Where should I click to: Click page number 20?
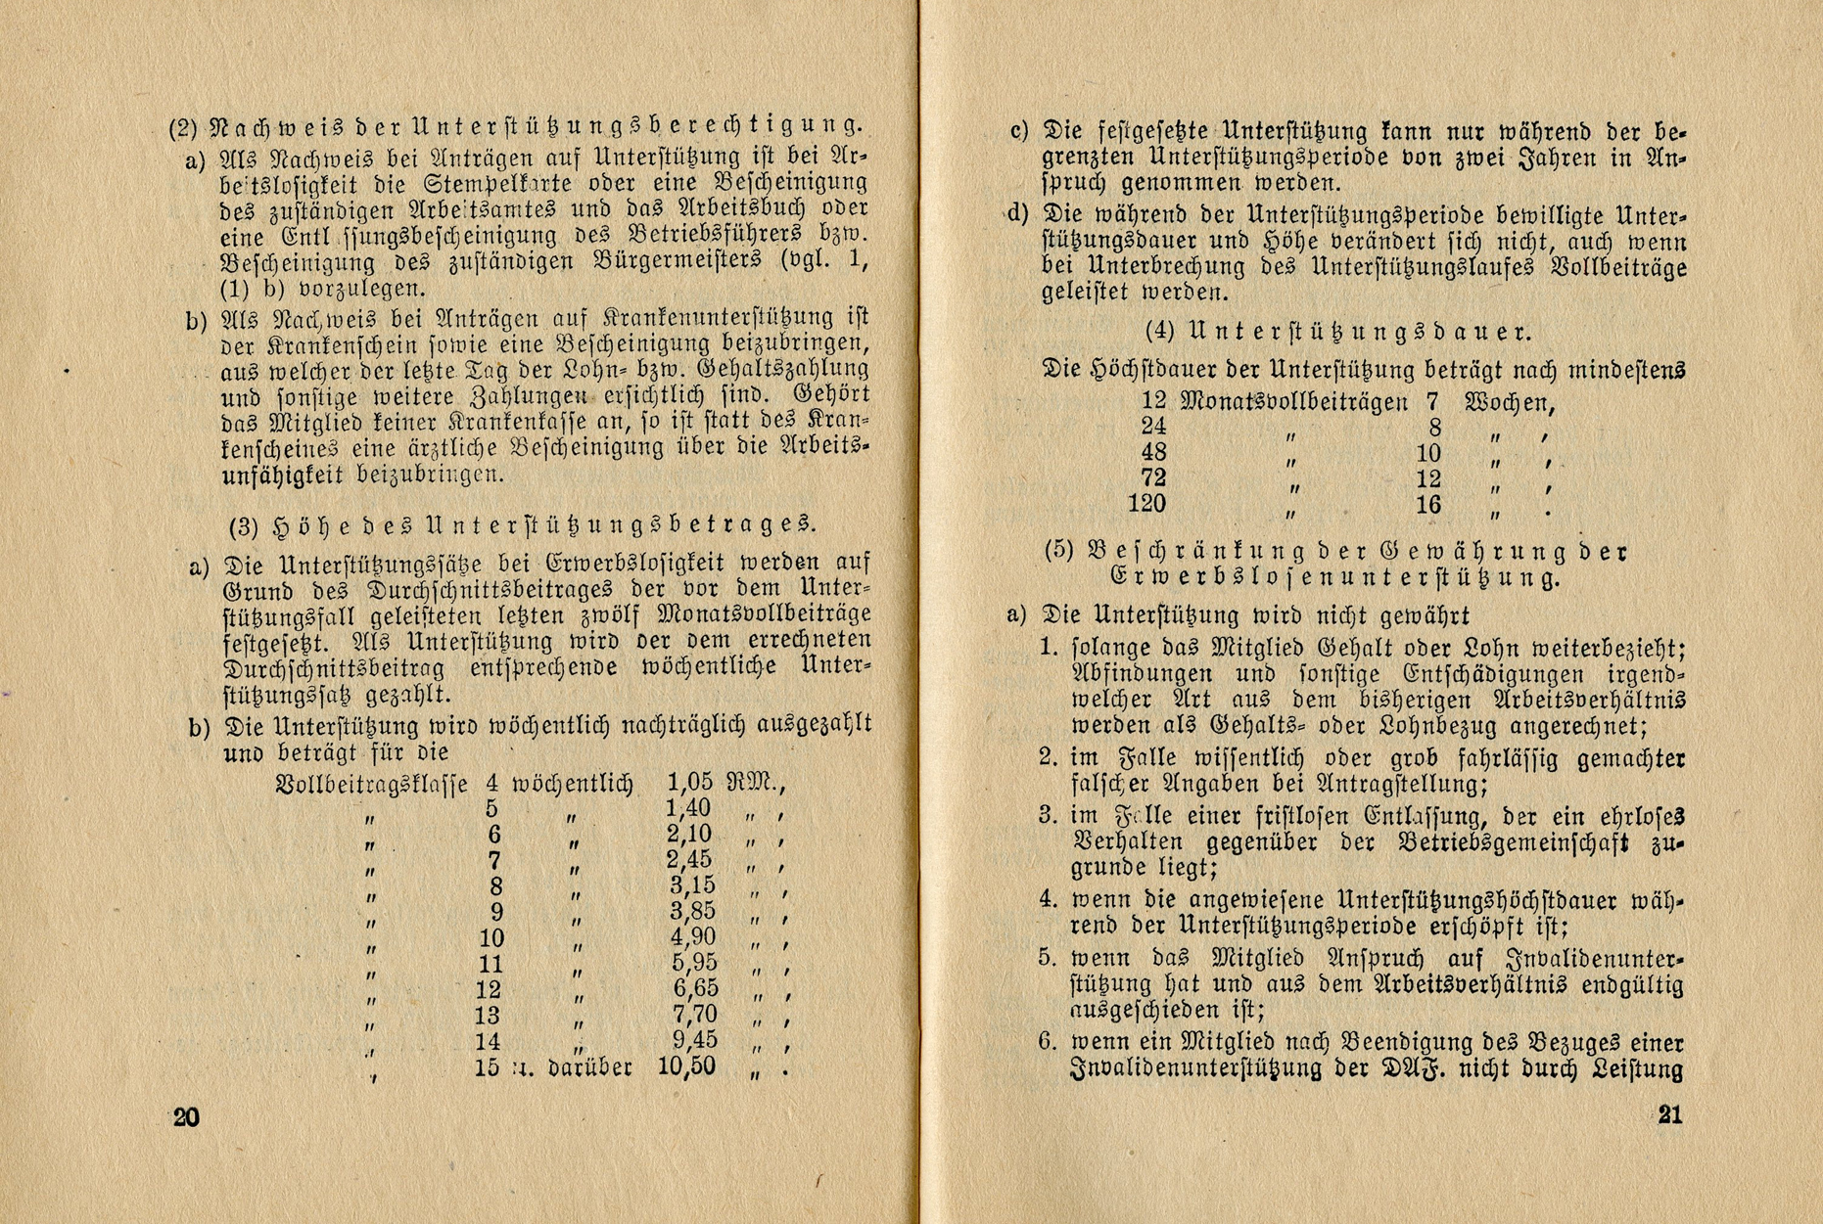[186, 1117]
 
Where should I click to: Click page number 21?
[1669, 1114]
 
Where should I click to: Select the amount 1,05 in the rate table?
[689, 782]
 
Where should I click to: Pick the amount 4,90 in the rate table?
[693, 936]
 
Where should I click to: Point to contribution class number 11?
[491, 964]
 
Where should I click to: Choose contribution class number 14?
[488, 1041]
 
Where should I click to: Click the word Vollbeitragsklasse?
[373, 784]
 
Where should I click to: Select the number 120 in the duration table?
[1146, 504]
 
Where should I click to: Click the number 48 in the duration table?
[1153, 452]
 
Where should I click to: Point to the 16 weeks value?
[1428, 505]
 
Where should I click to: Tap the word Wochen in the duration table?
[1509, 401]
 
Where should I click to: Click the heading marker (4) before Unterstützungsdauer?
[1159, 331]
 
